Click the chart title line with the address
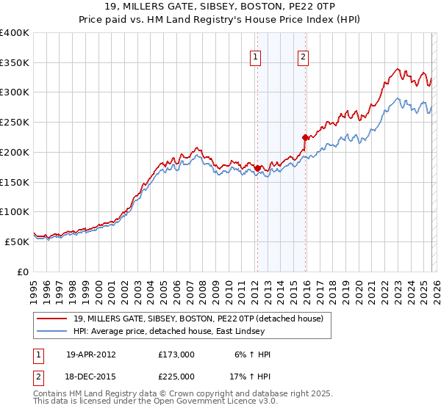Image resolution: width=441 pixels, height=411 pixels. click(220, 6)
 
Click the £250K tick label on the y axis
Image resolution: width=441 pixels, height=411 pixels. click(15, 122)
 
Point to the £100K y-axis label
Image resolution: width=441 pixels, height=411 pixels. click(15, 211)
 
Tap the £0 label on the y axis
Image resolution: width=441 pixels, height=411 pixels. click(23, 272)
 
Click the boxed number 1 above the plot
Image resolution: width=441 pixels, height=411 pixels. click(256, 57)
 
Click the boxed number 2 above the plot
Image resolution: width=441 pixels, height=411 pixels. click(303, 57)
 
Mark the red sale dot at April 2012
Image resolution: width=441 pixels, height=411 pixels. click(257, 168)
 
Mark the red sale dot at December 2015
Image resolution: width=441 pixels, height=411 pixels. click(305, 137)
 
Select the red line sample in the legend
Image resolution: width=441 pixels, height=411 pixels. click(52, 319)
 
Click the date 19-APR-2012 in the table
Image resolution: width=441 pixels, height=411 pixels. click(90, 354)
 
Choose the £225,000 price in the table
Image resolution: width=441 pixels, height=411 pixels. click(176, 376)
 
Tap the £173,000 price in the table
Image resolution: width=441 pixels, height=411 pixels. click(176, 354)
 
